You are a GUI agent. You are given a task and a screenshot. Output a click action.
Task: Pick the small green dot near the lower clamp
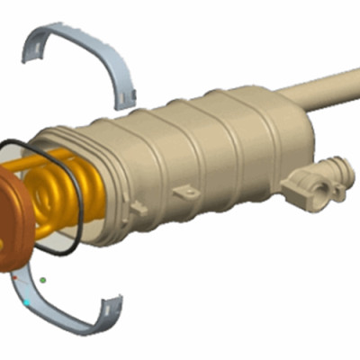42,279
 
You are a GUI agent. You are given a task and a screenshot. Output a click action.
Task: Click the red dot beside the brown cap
16,278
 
